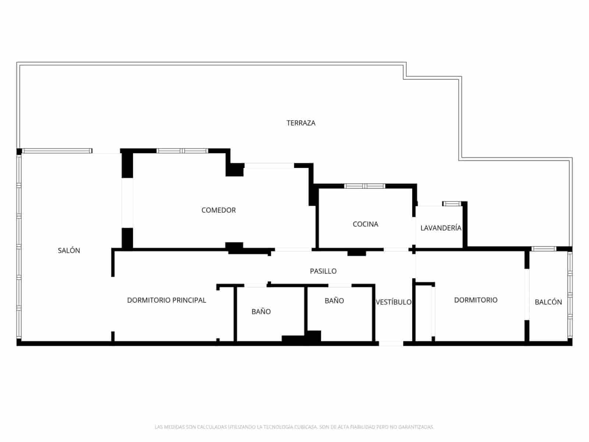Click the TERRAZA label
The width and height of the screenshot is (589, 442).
click(x=301, y=123)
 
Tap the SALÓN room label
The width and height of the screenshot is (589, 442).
click(x=69, y=250)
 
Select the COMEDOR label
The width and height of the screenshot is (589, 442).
click(x=218, y=210)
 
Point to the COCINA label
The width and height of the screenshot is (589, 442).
click(x=365, y=224)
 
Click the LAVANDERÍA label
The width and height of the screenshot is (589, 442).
click(x=441, y=228)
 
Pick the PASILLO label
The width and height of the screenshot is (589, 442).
click(x=323, y=271)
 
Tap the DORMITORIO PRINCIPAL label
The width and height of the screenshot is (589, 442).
click(x=166, y=300)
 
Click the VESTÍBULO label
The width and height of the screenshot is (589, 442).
click(x=394, y=302)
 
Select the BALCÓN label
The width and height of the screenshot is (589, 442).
click(x=548, y=302)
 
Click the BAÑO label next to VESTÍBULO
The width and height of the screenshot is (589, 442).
click(x=334, y=301)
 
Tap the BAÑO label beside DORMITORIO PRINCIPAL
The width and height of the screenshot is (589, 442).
click(x=261, y=312)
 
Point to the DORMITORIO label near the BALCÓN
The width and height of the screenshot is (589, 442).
click(x=476, y=300)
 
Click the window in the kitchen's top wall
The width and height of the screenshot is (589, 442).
click(x=364, y=186)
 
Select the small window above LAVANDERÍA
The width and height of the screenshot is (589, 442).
click(x=451, y=203)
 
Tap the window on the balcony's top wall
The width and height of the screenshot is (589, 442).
click(x=544, y=249)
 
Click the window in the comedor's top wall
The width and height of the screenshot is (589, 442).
click(x=182, y=151)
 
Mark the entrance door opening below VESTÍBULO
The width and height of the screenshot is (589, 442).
click(x=391, y=343)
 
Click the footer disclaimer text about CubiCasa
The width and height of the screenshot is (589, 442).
click(x=294, y=427)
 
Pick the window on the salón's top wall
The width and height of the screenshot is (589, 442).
click(x=57, y=151)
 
